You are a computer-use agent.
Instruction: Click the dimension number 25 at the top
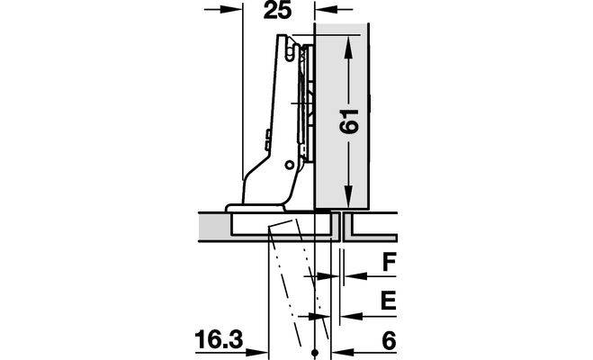pyautogui.click(x=278, y=10)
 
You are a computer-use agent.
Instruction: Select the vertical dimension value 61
pyautogui.click(x=348, y=121)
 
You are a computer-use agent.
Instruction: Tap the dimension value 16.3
pyautogui.click(x=220, y=339)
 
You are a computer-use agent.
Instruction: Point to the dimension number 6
pyautogui.click(x=389, y=340)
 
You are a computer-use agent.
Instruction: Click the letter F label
pyautogui.click(x=389, y=263)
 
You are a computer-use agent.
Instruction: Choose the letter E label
pyautogui.click(x=389, y=301)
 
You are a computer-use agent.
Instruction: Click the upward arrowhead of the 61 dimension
pyautogui.click(x=348, y=48)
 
